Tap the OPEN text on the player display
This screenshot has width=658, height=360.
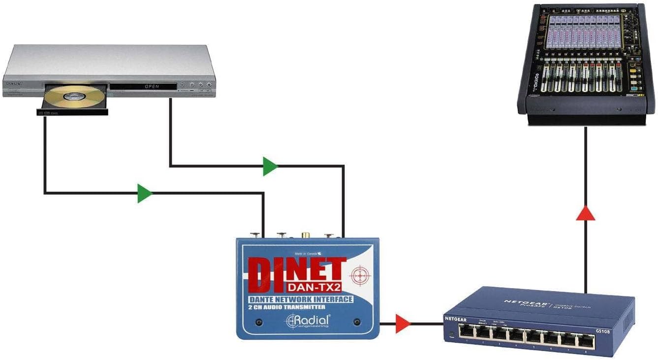(x=152, y=87)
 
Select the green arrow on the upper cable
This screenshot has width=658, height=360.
(x=269, y=166)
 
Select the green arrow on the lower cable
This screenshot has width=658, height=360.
(x=144, y=193)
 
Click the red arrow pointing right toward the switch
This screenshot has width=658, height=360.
(x=402, y=324)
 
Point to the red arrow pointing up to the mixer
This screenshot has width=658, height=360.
(x=586, y=212)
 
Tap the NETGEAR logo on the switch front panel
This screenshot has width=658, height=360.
(x=455, y=319)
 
